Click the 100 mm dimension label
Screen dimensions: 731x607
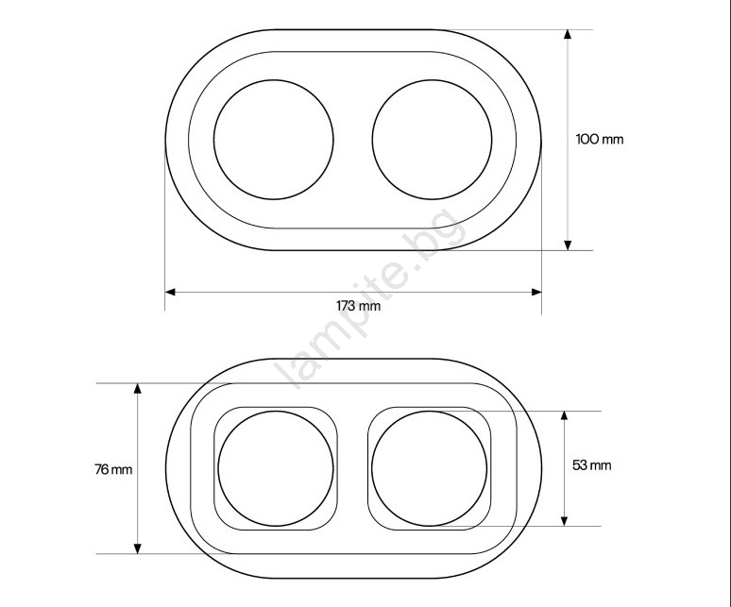[x=600, y=140]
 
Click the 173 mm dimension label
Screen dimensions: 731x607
[x=358, y=306]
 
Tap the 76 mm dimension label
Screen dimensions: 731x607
[x=113, y=469]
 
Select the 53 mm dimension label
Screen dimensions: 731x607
[x=591, y=465]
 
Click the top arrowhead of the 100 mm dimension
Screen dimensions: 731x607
[x=568, y=34]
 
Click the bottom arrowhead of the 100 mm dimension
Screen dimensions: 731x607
[x=568, y=245]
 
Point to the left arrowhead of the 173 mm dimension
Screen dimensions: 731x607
[x=170, y=292]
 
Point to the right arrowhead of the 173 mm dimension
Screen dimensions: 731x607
[x=536, y=292]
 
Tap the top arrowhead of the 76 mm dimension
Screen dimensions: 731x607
[x=138, y=388]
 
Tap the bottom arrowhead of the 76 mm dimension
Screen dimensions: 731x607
[x=138, y=548]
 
